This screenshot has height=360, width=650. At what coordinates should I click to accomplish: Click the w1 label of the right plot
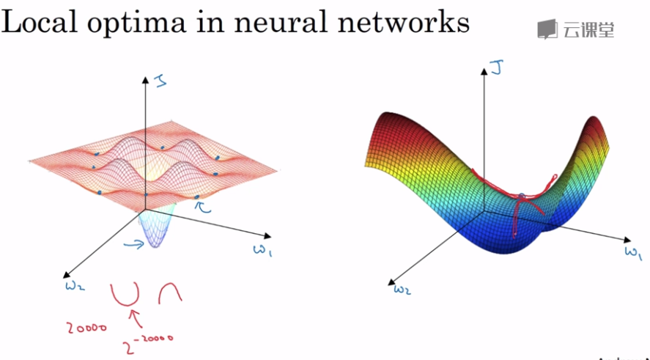[x=633, y=253]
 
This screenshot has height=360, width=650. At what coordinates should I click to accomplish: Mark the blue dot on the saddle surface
[x=522, y=196]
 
